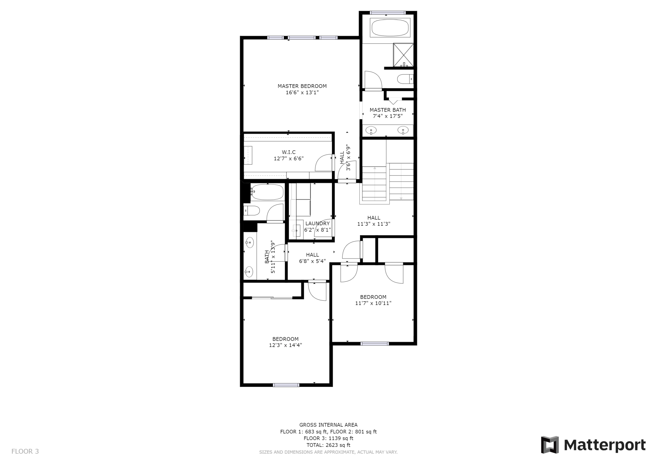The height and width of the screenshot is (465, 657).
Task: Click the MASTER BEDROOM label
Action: click(x=302, y=86)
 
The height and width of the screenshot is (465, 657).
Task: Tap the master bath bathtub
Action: click(x=390, y=28)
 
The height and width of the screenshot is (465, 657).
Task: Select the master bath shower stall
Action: click(x=403, y=55)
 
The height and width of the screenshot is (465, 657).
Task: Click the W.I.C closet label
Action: click(x=289, y=152)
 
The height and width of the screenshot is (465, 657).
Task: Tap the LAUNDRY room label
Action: click(x=318, y=224)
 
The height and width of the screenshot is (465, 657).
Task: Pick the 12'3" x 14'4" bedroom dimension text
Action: click(x=285, y=345)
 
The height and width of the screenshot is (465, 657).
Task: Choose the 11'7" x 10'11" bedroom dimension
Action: click(x=373, y=303)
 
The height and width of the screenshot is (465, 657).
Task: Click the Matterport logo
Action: click(x=593, y=445)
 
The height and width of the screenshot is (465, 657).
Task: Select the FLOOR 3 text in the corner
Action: click(x=25, y=451)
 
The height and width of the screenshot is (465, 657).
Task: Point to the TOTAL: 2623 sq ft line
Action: click(x=328, y=445)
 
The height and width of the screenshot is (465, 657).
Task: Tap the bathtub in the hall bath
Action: click(x=267, y=192)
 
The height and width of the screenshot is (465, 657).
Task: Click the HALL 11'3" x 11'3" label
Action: click(x=374, y=221)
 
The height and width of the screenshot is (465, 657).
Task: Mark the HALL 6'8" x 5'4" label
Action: click(x=312, y=258)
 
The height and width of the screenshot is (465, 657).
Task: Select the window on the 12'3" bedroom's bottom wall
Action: click(x=286, y=385)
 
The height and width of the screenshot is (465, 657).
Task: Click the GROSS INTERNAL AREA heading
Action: click(x=328, y=425)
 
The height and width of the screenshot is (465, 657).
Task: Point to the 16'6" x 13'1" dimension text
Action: click(x=302, y=92)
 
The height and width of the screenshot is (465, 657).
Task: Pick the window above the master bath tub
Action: click(x=388, y=13)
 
